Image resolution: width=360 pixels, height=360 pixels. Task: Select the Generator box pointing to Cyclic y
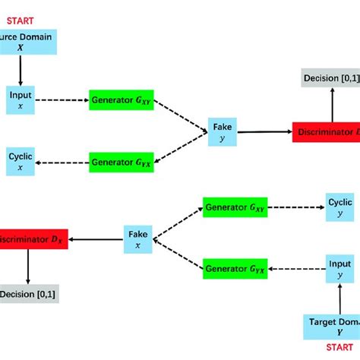(236, 207)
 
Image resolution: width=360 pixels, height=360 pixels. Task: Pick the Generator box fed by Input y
(236, 267)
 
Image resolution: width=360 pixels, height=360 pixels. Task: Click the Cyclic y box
(339, 207)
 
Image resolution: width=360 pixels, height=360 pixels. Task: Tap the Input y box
(339, 267)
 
